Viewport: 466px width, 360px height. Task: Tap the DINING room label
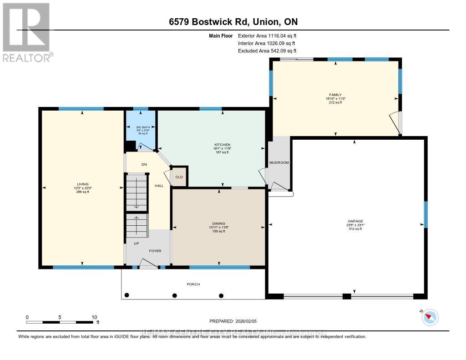pos(219,223)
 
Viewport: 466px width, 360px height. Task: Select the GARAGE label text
pos(355,221)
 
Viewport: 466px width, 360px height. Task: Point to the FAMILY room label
pos(336,95)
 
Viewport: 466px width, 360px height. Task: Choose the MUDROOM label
pos(279,162)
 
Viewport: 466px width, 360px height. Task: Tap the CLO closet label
pos(179,177)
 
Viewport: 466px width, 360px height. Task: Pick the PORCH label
pos(193,284)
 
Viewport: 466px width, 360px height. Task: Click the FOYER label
pos(155,251)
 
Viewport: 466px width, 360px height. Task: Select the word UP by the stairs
pos(136,243)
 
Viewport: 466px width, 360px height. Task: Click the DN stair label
pos(143,164)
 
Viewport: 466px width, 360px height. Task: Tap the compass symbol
pos(430,317)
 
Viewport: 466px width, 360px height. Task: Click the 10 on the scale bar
pos(95,317)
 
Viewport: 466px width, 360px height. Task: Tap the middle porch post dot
pos(174,295)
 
